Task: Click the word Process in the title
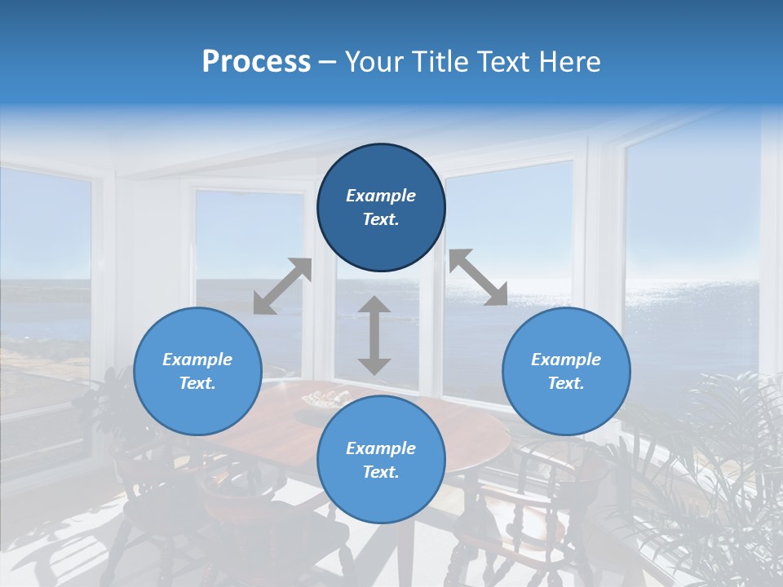tap(256, 62)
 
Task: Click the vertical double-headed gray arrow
tap(374, 336)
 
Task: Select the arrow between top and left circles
tap(282, 285)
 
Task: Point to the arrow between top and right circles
tap(478, 277)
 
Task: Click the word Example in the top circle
tap(381, 196)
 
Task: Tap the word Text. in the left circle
tap(197, 383)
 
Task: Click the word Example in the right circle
tap(566, 360)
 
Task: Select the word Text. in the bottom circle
tap(381, 472)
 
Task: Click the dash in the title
tap(327, 63)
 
